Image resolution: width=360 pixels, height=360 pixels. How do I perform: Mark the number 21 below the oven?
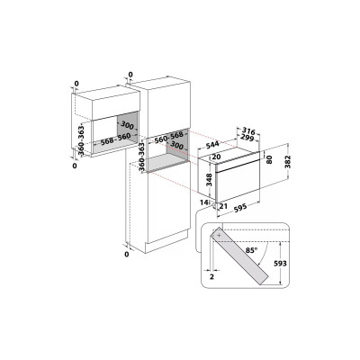click(219, 206)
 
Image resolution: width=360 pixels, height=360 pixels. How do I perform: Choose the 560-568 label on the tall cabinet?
click(166, 142)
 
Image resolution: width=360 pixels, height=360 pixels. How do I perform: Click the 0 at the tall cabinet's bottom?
click(127, 255)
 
